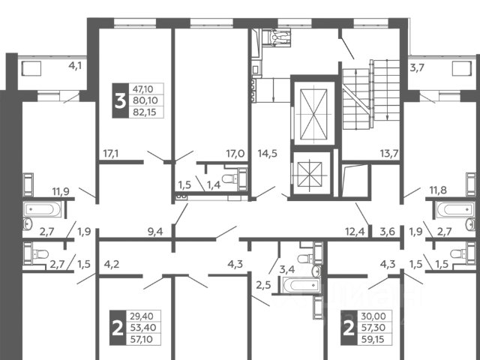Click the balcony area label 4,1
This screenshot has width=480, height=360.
click(75, 65)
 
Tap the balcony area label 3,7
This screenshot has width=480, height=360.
click(417, 67)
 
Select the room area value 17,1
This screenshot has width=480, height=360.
click(111, 153)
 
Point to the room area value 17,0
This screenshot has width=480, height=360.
click(235, 153)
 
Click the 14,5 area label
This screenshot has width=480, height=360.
click(268, 153)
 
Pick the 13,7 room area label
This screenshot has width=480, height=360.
click(389, 153)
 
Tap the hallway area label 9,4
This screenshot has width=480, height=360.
click(155, 232)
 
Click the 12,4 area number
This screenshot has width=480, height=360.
click(355, 232)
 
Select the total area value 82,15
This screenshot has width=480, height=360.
click(145, 112)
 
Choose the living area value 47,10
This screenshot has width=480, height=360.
click(142, 89)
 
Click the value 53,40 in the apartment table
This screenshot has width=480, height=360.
click(143, 328)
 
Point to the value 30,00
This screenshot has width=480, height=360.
click(373, 316)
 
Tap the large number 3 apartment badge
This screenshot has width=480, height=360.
click(120, 100)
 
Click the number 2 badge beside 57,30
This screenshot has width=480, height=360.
click(349, 328)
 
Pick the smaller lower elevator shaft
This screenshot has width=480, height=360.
click(310, 173)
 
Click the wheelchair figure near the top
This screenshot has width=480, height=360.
click(277, 37)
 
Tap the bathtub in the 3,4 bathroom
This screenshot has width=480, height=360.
click(301, 285)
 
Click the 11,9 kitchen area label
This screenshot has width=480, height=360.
click(61, 192)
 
